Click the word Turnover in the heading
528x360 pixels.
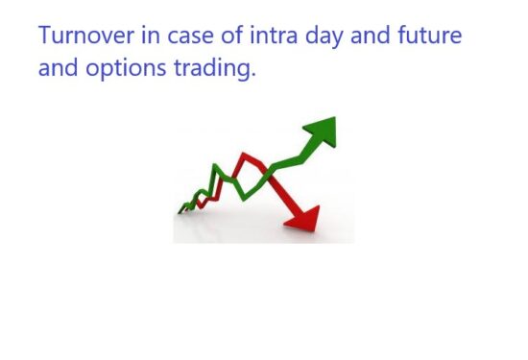(x=83, y=37)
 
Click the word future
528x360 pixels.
(x=427, y=37)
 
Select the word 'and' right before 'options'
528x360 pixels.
(x=56, y=68)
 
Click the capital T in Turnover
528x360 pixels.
(x=44, y=37)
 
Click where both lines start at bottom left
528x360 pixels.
(x=180, y=210)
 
